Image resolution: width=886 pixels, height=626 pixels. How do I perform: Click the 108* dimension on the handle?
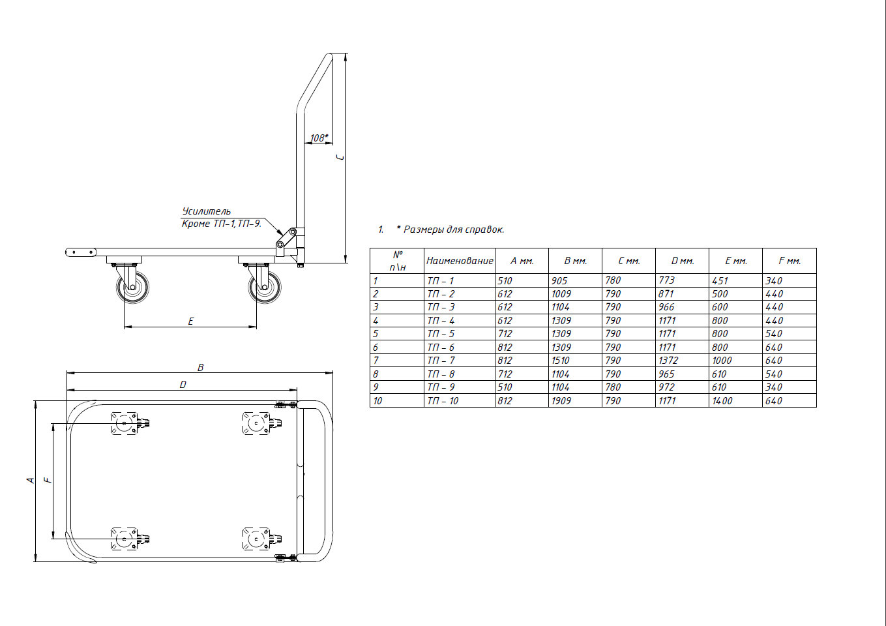[319, 138]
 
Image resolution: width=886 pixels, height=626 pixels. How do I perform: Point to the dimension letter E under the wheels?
[190, 321]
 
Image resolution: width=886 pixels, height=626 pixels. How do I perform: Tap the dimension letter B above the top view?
[201, 368]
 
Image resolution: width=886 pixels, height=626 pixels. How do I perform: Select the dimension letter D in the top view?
[183, 385]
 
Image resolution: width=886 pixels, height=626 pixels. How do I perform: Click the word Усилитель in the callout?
[206, 211]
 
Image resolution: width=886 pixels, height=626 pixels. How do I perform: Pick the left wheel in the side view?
[132, 287]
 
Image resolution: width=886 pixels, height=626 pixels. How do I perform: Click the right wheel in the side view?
[265, 287]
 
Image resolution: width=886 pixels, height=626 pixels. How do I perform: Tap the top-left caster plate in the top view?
[125, 423]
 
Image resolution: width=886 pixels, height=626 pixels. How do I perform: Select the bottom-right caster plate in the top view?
[256, 539]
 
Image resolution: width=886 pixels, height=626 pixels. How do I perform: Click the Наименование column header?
[460, 261]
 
